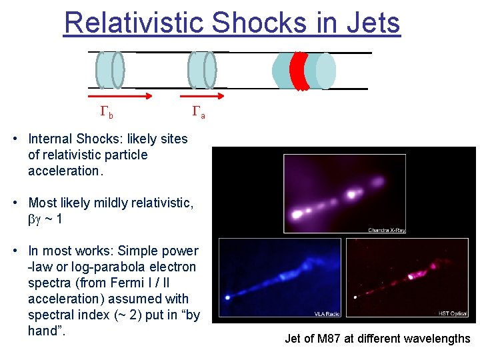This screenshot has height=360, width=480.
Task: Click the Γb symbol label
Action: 106,113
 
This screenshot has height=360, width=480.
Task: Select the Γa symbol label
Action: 198,113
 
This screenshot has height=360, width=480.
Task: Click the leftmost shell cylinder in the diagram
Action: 110,69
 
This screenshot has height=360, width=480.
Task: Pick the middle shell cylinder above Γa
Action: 202,69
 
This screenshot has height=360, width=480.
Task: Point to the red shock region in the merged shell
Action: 299,70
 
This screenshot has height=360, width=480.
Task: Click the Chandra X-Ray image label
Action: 386,230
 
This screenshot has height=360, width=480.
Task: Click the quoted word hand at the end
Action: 44,331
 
